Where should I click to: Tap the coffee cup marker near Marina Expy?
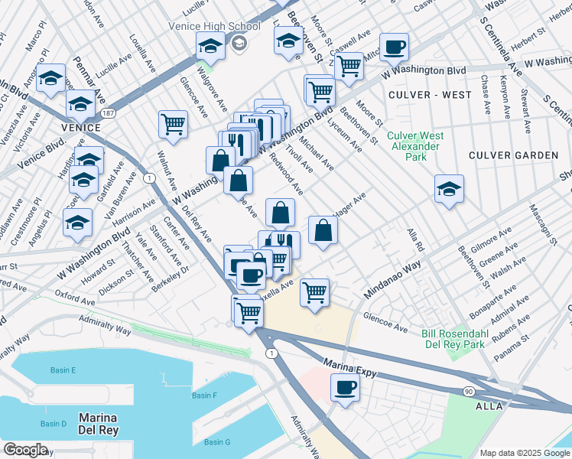coord(345,386)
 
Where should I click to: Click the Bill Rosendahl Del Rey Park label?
coord(464,340)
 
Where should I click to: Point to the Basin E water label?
coord(63,371)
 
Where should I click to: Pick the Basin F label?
coord(204,396)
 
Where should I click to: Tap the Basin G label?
coord(217,442)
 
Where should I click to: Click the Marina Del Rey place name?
coord(97,425)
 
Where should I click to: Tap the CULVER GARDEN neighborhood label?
coord(514,155)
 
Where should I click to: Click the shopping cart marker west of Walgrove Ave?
coord(174,123)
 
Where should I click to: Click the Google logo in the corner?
coord(25,449)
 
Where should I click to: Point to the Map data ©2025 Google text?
coord(524,453)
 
